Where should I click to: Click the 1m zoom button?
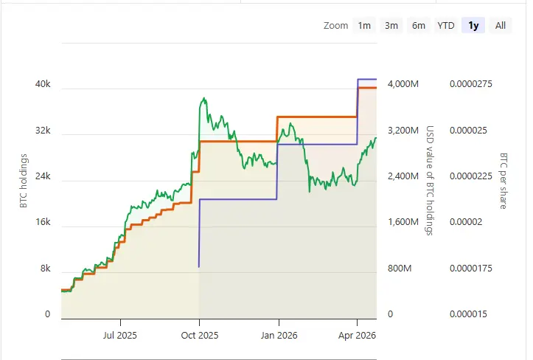tap(364, 26)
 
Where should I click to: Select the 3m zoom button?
tap(391, 26)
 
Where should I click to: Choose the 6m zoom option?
tap(419, 26)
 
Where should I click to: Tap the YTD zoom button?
tap(446, 26)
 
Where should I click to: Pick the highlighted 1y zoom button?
tap(473, 26)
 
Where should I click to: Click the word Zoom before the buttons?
tap(335, 26)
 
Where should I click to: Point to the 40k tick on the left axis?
tap(43, 84)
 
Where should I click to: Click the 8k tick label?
tap(45, 269)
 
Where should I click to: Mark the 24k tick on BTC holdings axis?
tap(43, 176)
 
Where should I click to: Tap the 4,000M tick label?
tap(403, 84)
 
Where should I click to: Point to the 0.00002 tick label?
tap(465, 222)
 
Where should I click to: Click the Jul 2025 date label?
tap(119, 335)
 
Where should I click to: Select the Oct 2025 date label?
tap(199, 335)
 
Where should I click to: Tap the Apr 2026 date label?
tap(357, 335)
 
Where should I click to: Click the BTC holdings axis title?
tap(24, 181)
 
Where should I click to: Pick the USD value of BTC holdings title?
tap(430, 181)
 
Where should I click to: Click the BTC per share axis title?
tap(504, 181)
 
